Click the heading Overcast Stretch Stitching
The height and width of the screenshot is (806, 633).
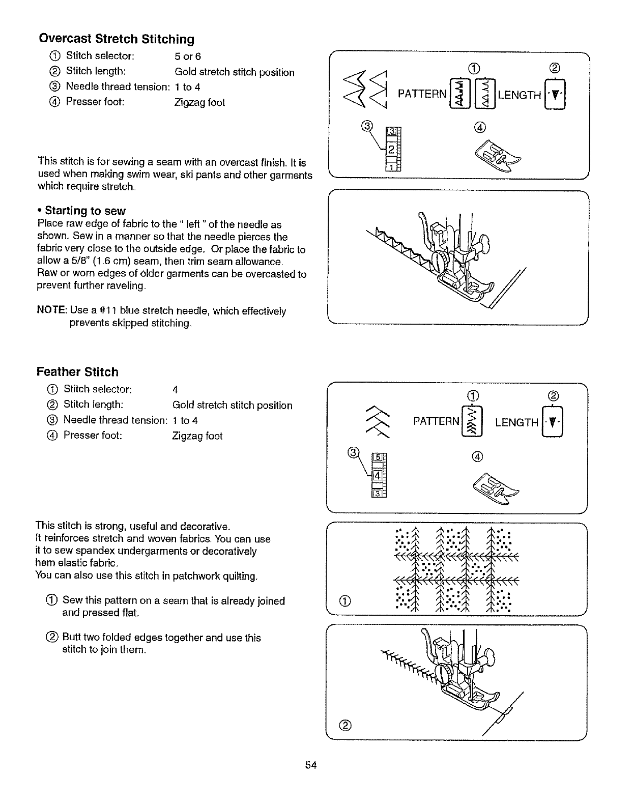pyautogui.click(x=117, y=39)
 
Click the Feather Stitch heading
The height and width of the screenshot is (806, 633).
pyautogui.click(x=77, y=372)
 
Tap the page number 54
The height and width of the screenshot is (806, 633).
pyautogui.click(x=311, y=765)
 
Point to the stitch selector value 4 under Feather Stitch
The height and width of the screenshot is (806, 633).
pyautogui.click(x=175, y=390)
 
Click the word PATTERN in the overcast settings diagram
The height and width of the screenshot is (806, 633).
pyautogui.click(x=422, y=95)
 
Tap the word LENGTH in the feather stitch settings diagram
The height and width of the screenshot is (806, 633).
pyautogui.click(x=516, y=422)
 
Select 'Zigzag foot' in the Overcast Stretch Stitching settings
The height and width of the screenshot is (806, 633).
pyautogui.click(x=199, y=103)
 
